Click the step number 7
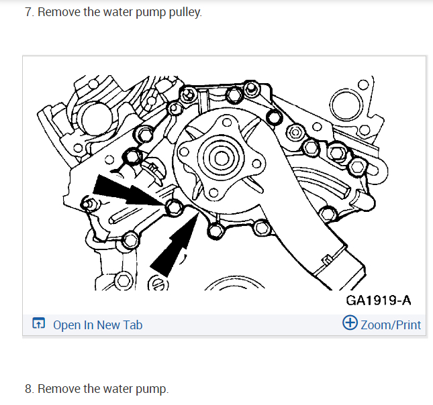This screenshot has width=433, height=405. pos(28,13)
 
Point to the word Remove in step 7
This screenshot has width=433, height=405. pos(58,13)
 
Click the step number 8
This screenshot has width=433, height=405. pos(28,389)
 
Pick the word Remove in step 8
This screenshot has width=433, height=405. pos(58,389)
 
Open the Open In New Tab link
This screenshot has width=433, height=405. pos(97,325)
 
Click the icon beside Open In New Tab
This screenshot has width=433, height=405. pos(39,325)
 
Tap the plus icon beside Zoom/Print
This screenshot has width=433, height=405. pos(350,324)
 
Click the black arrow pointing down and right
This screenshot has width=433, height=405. pos(127,190)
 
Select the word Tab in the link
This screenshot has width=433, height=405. pos(133,325)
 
